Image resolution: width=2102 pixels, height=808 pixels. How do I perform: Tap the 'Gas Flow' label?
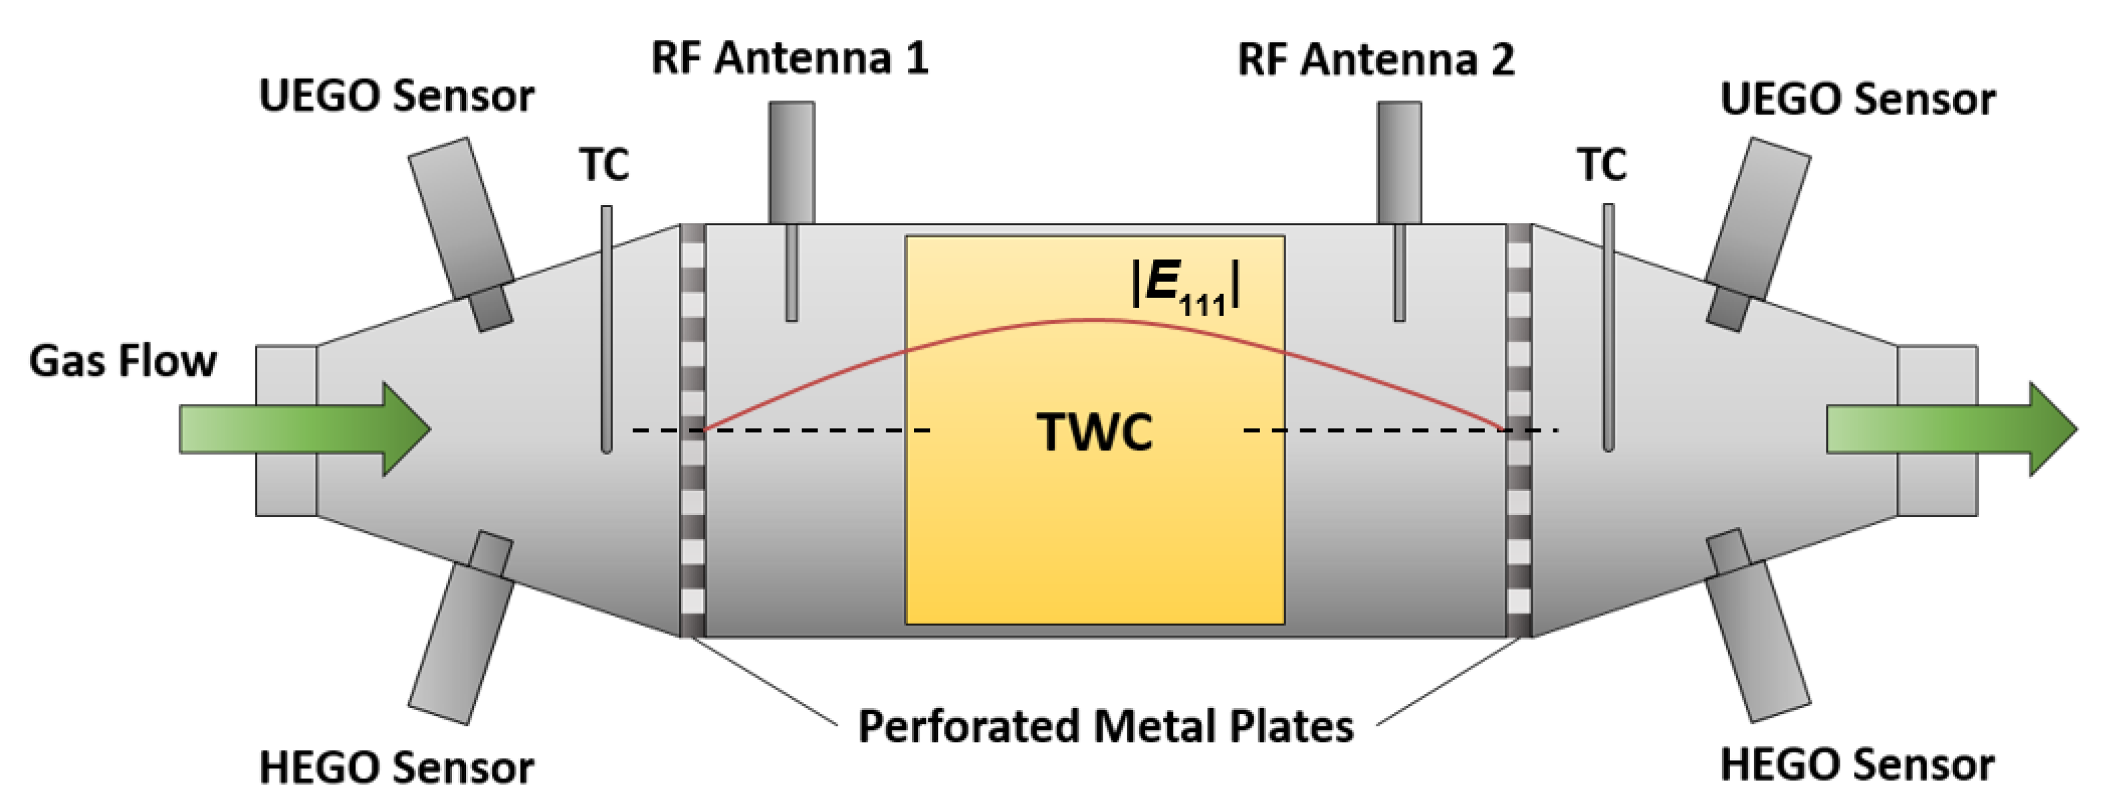123,362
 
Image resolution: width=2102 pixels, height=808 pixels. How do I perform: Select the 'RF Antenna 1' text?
789,59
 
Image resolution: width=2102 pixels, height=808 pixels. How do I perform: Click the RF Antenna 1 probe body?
791,163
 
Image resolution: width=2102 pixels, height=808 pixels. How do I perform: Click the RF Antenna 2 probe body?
1400,163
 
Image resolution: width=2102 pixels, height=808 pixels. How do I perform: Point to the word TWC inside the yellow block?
1094,432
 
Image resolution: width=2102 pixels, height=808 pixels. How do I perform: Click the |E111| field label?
1186,287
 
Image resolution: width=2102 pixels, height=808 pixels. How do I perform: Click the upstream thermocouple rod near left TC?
607,326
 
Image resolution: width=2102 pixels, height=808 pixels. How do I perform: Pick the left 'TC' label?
605,165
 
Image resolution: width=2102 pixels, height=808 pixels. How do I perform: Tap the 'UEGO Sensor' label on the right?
1857,99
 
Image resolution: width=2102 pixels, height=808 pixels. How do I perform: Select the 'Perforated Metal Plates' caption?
1106,725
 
